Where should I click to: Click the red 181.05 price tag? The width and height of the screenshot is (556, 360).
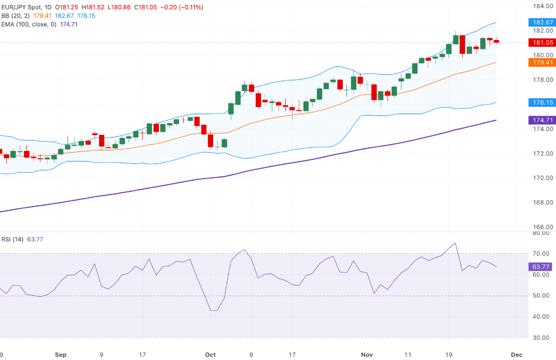click(x=541, y=43)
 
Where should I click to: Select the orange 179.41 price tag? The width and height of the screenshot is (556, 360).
click(x=541, y=62)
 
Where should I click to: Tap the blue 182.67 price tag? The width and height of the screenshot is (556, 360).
click(x=541, y=22)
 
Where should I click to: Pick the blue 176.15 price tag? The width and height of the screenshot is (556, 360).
click(x=541, y=102)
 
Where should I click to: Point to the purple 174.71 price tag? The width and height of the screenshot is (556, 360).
click(x=541, y=120)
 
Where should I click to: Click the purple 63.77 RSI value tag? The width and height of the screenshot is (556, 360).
click(x=541, y=267)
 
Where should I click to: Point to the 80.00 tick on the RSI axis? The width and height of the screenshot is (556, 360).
click(x=541, y=233)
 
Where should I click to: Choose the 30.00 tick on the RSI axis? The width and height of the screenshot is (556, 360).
click(x=541, y=338)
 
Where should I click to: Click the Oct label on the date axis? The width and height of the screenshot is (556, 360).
click(x=210, y=355)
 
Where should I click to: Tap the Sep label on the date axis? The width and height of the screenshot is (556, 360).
click(x=61, y=355)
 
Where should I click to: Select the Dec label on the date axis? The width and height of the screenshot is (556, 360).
click(x=516, y=355)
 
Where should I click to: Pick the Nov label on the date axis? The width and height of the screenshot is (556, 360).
click(x=367, y=355)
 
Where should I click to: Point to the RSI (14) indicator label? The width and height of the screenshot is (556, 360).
click(x=13, y=239)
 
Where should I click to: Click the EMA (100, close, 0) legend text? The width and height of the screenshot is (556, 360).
click(x=29, y=24)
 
